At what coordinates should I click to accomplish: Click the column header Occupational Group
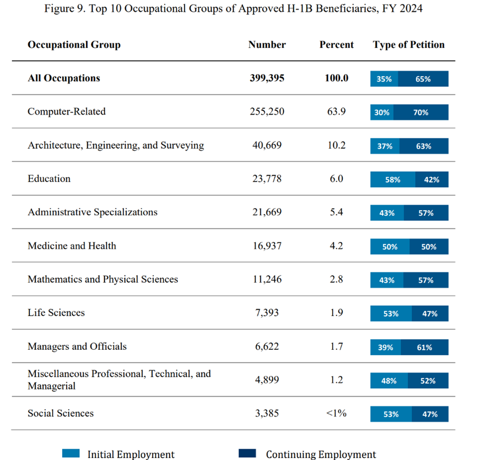tap(74, 45)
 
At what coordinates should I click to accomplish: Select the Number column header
tap(267, 45)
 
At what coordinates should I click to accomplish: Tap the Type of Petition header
tap(409, 45)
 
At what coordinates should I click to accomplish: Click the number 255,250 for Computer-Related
tap(267, 112)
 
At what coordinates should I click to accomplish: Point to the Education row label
tap(49, 179)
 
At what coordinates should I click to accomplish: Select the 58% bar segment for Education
tap(393, 180)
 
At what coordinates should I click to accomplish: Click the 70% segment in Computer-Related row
tap(421, 112)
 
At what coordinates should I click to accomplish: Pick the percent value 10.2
tap(336, 146)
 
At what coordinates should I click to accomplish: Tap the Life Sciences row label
tap(56, 313)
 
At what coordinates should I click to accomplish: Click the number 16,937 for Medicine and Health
tap(267, 246)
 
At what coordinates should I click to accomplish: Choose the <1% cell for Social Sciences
tap(336, 414)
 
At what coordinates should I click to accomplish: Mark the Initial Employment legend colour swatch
tap(71, 454)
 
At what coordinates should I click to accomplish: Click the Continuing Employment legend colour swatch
tap(247, 454)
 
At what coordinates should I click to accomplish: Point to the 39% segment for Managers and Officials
tap(386, 348)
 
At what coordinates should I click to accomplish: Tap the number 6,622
tap(267, 347)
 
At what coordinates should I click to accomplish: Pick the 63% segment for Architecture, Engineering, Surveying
tap(424, 146)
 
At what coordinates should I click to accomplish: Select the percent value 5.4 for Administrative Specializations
tap(336, 212)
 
